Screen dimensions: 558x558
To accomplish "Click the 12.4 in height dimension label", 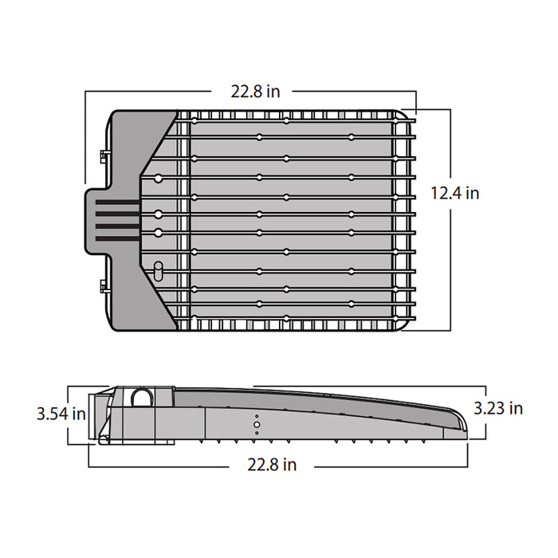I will [x=455, y=192].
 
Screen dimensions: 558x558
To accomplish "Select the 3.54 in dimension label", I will [x=61, y=414].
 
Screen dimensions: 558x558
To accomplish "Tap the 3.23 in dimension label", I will [x=498, y=408].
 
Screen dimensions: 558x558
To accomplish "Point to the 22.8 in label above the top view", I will [x=256, y=92].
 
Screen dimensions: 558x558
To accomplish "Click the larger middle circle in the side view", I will [x=257, y=425].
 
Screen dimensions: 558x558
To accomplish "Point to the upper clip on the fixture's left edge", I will [x=103, y=154].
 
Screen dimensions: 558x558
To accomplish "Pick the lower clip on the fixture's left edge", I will [x=103, y=285].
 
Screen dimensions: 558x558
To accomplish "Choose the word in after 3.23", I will [x=516, y=408].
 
